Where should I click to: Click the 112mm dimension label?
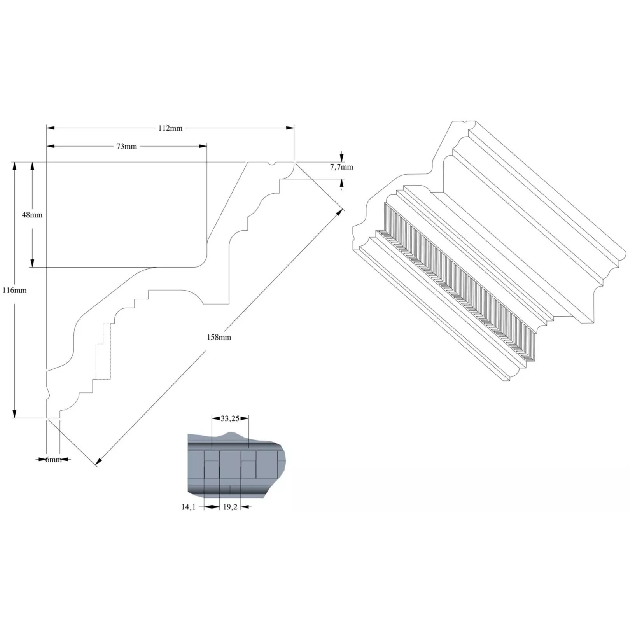pyautogui.click(x=170, y=128)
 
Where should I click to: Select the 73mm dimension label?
pyautogui.click(x=127, y=146)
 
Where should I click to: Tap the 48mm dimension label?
pyautogui.click(x=32, y=215)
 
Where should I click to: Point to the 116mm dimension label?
pyautogui.click(x=14, y=290)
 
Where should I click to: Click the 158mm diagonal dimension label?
pyautogui.click(x=219, y=337)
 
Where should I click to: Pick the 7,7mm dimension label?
pyautogui.click(x=342, y=167)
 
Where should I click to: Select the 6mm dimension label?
pyautogui.click(x=54, y=460)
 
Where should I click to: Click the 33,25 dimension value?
pyautogui.click(x=230, y=418)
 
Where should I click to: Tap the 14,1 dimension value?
pyautogui.click(x=188, y=507)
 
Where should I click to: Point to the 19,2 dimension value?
pyautogui.click(x=230, y=507)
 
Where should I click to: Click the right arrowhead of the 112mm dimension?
pyautogui.click(x=290, y=128)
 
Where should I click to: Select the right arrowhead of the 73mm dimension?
pyautogui.click(x=203, y=146)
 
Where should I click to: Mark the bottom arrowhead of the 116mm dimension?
pyautogui.click(x=14, y=414)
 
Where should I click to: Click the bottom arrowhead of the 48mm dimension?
pyautogui.click(x=32, y=263)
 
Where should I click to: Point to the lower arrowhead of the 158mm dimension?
pyautogui.click(x=99, y=461)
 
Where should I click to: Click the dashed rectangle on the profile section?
pyautogui.click(x=103, y=351)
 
